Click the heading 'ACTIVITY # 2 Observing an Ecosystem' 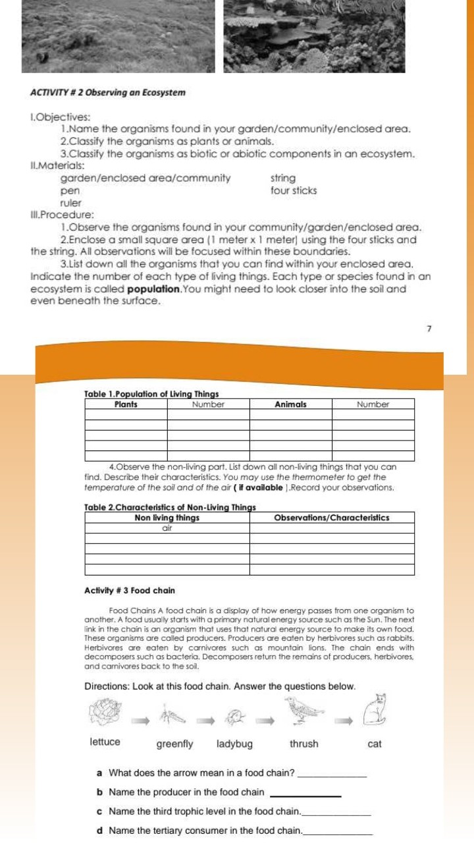coord(108,92)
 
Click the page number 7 coord(429,328)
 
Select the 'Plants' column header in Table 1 coord(126,404)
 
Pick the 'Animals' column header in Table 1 coord(290,404)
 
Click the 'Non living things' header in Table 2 coord(167,518)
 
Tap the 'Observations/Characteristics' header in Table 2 coord(331,518)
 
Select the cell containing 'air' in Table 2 coord(167,528)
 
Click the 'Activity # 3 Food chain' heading coord(130,591)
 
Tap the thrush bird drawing coord(303,709)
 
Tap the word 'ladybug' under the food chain coord(234,744)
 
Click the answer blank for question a coord(332,774)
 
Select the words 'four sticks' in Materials coord(294,191)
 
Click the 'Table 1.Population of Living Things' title coord(152,394)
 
